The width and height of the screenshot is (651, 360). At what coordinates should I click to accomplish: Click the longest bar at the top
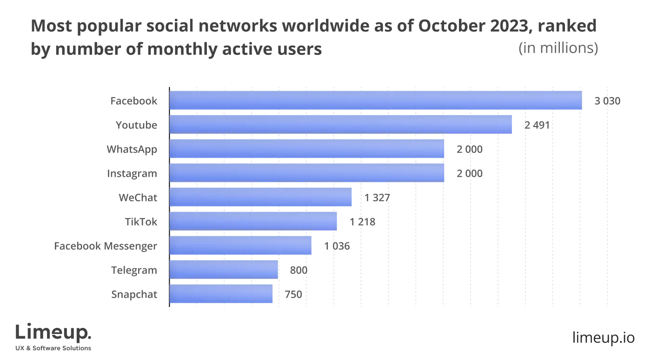click(x=376, y=100)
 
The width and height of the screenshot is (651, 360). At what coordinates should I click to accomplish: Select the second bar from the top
click(x=341, y=124)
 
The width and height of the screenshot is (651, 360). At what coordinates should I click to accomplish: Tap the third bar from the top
click(x=307, y=149)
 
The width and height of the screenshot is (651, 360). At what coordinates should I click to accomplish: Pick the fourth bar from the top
click(x=307, y=173)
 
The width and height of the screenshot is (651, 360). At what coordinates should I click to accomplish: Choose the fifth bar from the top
click(x=261, y=198)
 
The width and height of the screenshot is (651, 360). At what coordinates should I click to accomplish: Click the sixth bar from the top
click(x=253, y=222)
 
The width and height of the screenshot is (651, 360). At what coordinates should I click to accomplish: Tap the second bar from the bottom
click(x=224, y=270)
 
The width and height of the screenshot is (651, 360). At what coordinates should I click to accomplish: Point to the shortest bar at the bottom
click(x=222, y=294)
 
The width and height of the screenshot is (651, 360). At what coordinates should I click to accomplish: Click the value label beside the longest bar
click(x=605, y=102)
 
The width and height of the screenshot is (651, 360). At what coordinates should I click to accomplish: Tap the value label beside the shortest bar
click(x=292, y=295)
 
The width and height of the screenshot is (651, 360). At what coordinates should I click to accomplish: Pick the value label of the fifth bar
click(x=376, y=199)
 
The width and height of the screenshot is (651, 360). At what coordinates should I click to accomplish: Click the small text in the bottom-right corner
click(x=604, y=338)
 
